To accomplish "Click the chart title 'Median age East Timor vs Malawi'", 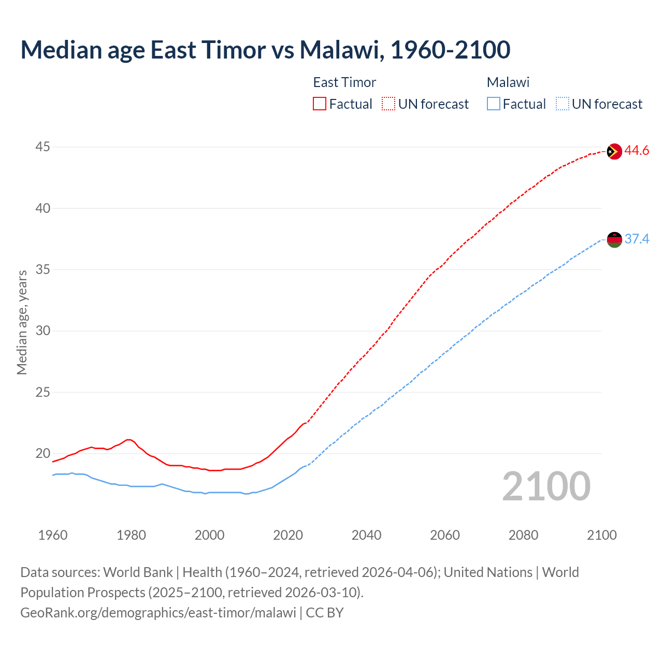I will click(265, 50).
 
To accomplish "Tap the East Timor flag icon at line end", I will click(614, 151).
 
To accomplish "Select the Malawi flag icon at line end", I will click(614, 239).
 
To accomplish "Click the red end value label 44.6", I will click(637, 151).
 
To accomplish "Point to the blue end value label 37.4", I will click(637, 239).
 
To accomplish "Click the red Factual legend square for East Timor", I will click(320, 104).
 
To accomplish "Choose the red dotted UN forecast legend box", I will click(388, 104).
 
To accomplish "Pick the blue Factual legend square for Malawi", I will click(494, 104).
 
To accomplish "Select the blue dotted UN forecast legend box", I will click(562, 104).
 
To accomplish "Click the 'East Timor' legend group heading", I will click(344, 82).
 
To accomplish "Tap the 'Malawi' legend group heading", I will click(508, 82).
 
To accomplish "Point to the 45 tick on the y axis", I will click(42, 147).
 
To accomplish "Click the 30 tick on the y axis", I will click(42, 331).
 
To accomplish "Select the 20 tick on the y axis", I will click(42, 454).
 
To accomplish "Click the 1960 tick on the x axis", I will click(53, 535).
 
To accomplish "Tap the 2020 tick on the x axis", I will click(288, 535).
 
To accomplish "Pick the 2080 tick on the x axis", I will click(523, 535).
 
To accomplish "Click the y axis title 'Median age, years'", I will click(22, 322).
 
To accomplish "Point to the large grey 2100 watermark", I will click(546, 486).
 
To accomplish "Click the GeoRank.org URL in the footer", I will click(158, 613).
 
